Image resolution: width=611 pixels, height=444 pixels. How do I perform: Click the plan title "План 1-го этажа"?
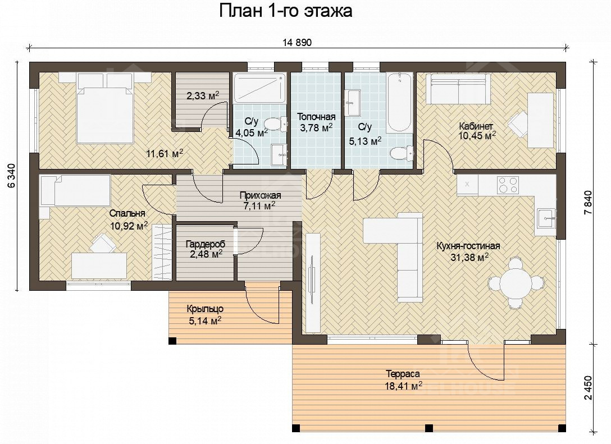click(x=286, y=11)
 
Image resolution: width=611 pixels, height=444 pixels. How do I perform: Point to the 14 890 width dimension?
click(x=297, y=43)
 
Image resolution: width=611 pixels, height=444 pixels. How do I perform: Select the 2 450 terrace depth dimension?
click(x=588, y=387)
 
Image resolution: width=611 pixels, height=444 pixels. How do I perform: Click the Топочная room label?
click(x=316, y=117)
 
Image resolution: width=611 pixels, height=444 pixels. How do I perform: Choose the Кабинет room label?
click(x=476, y=126)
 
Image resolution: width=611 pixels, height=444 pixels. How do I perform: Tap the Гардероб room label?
click(x=206, y=245)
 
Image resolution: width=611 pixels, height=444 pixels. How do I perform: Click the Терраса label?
click(x=403, y=374)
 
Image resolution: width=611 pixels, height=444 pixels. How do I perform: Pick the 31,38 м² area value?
click(x=469, y=257)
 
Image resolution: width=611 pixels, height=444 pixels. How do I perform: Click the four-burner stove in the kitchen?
click(x=508, y=185)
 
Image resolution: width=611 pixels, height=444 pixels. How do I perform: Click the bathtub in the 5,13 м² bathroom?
click(x=399, y=102)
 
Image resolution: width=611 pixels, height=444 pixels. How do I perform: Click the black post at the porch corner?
click(x=172, y=341)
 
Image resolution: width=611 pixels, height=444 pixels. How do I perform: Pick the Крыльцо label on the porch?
click(x=205, y=309)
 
